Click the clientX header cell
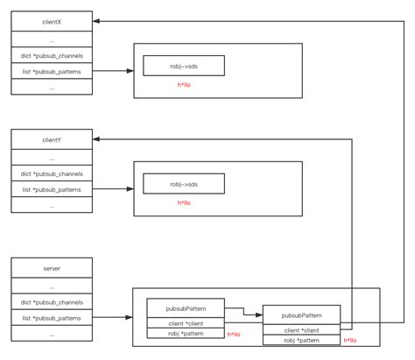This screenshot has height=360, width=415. [x=51, y=19]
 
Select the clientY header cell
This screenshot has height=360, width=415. [x=51, y=138]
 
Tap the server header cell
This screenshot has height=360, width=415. [x=51, y=268]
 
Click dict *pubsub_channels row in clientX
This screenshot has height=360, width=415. [x=51, y=55]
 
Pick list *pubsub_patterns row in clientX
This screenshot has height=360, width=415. [x=51, y=70]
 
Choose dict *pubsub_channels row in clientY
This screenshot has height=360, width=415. [x=51, y=173]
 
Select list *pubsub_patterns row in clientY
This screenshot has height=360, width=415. [x=51, y=188]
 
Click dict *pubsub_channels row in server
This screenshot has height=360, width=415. [x=51, y=302]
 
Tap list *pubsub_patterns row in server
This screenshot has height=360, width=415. [x=51, y=317]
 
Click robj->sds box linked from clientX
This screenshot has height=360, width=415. [x=184, y=66]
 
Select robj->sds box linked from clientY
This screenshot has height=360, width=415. [x=184, y=183]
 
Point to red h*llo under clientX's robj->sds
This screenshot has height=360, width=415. [x=184, y=86]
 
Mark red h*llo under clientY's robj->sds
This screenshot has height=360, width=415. [x=184, y=203]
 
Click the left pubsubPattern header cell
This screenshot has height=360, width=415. [x=186, y=308]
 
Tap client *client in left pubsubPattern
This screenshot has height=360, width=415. [x=186, y=323]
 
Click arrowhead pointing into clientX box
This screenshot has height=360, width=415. [x=96, y=19]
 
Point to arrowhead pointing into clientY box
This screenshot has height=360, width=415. [x=96, y=138]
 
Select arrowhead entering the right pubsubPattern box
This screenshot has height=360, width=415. [x=259, y=315]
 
